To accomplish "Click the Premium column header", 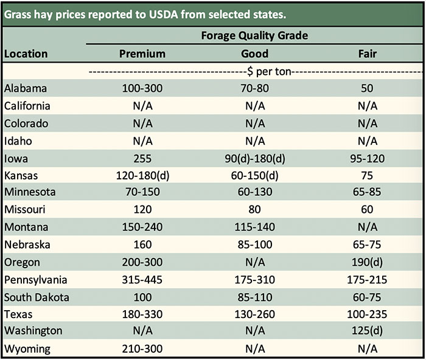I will (142, 54).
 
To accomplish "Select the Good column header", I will (254, 54).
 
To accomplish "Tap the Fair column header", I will (367, 54).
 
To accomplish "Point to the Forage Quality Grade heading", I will (254, 35).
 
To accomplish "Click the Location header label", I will (26, 54).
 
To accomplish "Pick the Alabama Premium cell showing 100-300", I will (142, 88).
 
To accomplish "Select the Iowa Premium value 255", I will (142, 159).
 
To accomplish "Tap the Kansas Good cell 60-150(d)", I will (254, 176).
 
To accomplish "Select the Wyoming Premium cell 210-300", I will (142, 350).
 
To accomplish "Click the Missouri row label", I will (24, 210).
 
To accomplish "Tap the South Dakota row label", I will (36, 298).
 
